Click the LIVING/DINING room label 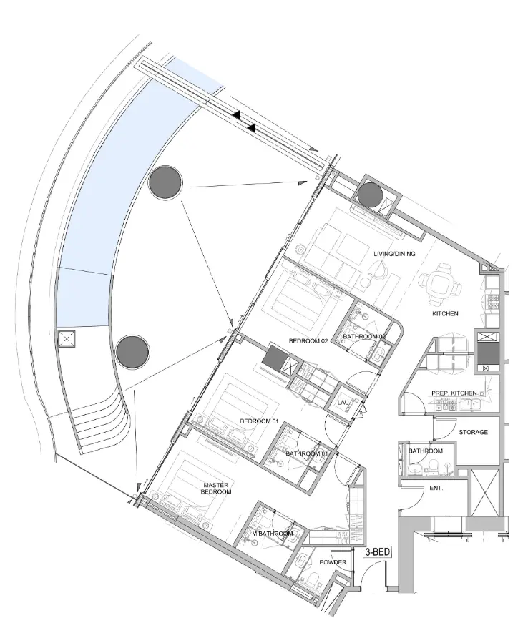[x=394, y=254]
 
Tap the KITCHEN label [x=445, y=313]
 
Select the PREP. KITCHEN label [x=454, y=393]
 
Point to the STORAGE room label [x=473, y=432]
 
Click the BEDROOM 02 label [x=308, y=341]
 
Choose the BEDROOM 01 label [x=259, y=421]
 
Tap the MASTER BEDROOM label [x=216, y=489]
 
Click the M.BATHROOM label [x=273, y=534]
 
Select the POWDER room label [x=333, y=562]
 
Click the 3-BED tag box [x=378, y=552]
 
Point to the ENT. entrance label [x=436, y=488]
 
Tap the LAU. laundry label [x=343, y=403]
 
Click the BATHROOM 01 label [x=308, y=453]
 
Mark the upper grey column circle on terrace [x=166, y=183]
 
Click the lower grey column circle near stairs [x=133, y=353]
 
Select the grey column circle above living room [x=370, y=195]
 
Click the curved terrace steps [x=102, y=422]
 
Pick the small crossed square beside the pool [x=67, y=339]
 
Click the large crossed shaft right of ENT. [x=484, y=492]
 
